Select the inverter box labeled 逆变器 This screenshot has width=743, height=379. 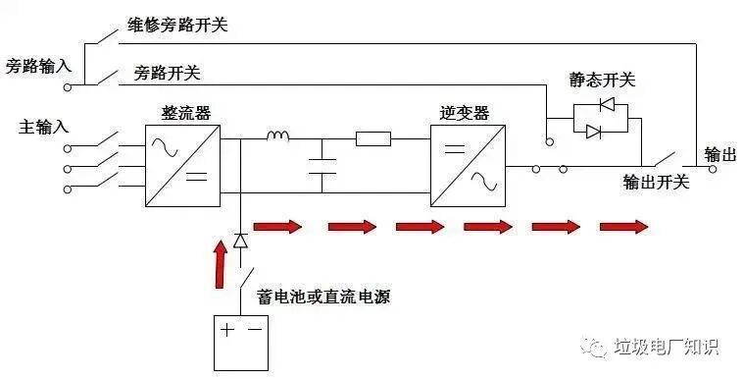coord(467,164)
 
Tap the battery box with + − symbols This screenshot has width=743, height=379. coord(241,342)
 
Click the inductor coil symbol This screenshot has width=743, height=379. coord(278,136)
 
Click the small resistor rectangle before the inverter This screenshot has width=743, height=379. coord(373,138)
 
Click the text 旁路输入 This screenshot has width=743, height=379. coord(38,67)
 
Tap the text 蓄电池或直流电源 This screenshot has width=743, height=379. coord(323,296)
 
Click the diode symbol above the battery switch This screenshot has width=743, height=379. coord(241,240)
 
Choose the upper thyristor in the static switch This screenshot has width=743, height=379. coord(606,103)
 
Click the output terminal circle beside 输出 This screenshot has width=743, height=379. coord(712,168)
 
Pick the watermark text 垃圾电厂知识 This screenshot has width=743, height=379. coord(666,348)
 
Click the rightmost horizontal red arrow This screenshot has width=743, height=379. coord(623,227)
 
